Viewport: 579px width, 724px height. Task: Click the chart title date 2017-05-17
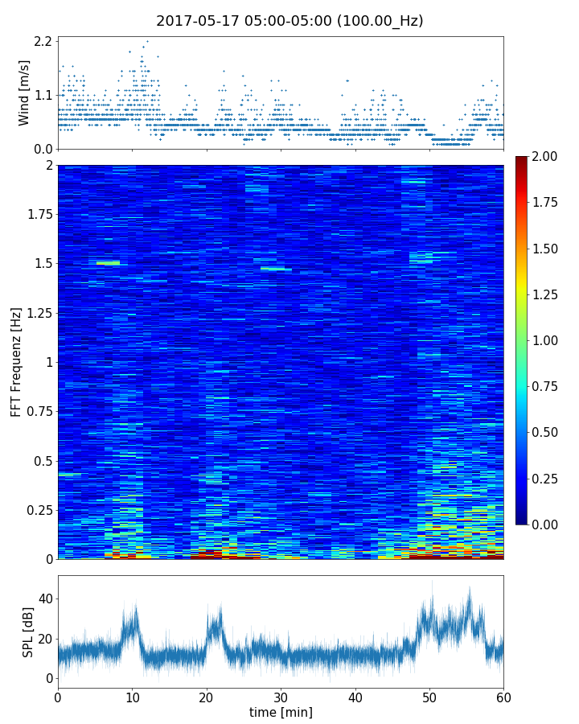(x=195, y=21)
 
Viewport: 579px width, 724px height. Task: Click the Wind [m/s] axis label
(x=24, y=93)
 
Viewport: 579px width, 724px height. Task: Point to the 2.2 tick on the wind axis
(x=43, y=41)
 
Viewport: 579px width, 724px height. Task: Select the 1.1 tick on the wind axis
(x=43, y=95)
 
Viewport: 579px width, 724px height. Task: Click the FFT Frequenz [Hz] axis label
(x=16, y=361)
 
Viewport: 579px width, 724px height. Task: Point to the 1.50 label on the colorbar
(x=547, y=249)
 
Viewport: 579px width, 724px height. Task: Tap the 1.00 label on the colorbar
(x=547, y=340)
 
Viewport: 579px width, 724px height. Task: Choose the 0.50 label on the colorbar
(x=547, y=433)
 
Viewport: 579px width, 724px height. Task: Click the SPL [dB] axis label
(x=28, y=632)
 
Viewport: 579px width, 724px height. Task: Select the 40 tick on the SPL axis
(x=46, y=599)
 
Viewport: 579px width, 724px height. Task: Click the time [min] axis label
(x=281, y=712)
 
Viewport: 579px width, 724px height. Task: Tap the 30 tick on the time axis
(x=281, y=697)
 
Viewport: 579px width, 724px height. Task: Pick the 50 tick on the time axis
(x=429, y=697)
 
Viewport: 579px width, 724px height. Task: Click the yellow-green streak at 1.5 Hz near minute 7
(x=108, y=263)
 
